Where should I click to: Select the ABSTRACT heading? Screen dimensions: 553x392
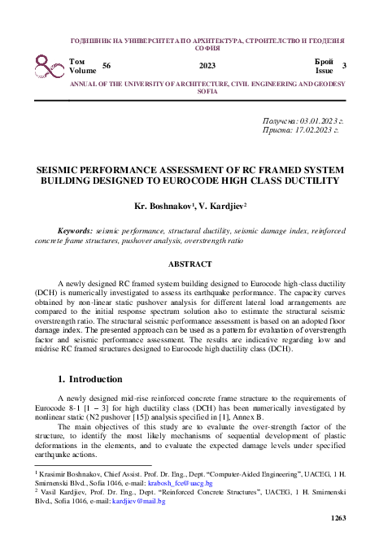[x=195, y=264]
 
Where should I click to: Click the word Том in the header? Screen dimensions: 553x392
[x=77, y=61]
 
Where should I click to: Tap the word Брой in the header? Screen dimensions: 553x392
[x=323, y=61]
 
